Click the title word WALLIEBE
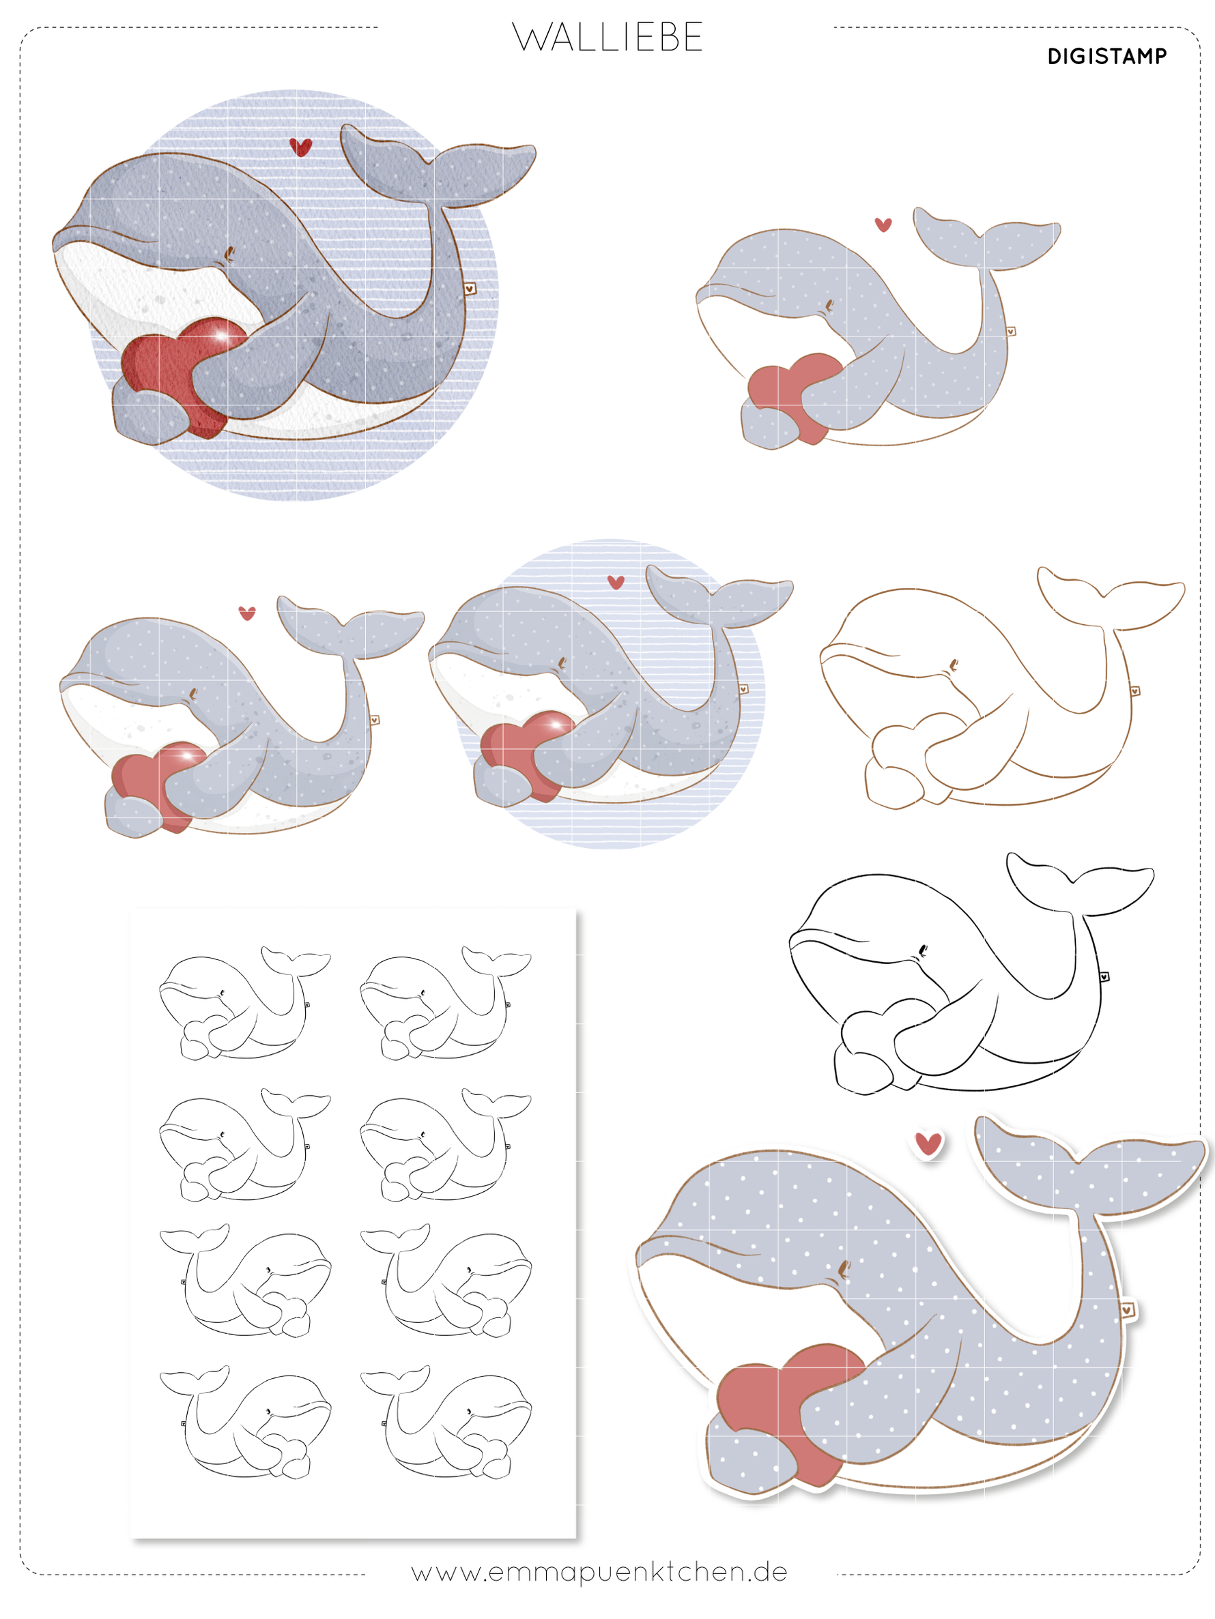[607, 38]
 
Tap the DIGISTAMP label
[1106, 57]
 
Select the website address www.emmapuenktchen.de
[599, 1571]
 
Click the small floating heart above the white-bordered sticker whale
[928, 1143]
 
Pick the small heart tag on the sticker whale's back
[1127, 1309]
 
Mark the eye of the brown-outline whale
[953, 665]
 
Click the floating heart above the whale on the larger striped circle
[300, 147]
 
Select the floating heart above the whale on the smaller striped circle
[616, 583]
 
